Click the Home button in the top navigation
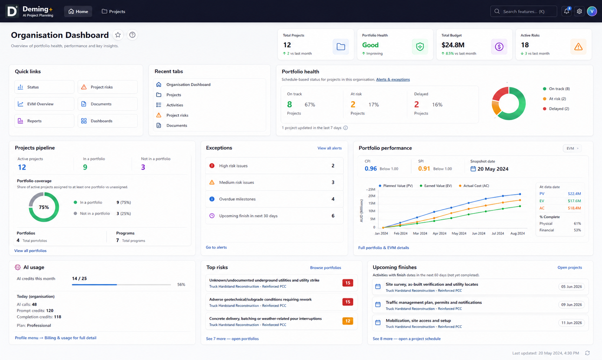(78, 11)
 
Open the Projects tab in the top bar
(113, 11)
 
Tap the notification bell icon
(566, 11)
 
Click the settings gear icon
(579, 11)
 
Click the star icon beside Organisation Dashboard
(118, 35)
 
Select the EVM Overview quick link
(44, 104)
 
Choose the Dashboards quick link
(108, 121)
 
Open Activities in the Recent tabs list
(175, 105)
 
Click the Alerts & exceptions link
(393, 79)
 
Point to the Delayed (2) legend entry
(556, 109)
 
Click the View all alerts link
(330, 148)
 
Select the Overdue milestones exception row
(274, 199)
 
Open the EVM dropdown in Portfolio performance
(572, 148)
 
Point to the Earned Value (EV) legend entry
(436, 186)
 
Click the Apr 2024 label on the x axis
(439, 233)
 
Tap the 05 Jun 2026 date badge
(571, 287)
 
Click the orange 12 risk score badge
(347, 321)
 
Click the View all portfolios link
(30, 251)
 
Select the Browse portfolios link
(325, 268)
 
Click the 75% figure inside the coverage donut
(44, 207)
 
